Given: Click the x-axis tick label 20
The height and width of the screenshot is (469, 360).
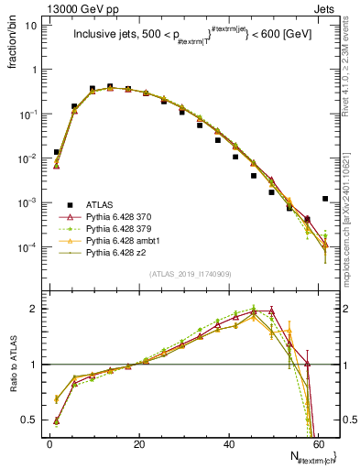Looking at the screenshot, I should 139,442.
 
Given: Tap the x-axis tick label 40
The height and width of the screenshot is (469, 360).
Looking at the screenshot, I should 229,442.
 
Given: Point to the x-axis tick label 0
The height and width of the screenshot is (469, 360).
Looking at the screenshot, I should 50,442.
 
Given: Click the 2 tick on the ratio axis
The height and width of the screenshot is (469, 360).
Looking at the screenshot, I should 37,309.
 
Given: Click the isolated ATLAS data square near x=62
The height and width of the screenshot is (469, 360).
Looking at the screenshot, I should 326,199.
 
